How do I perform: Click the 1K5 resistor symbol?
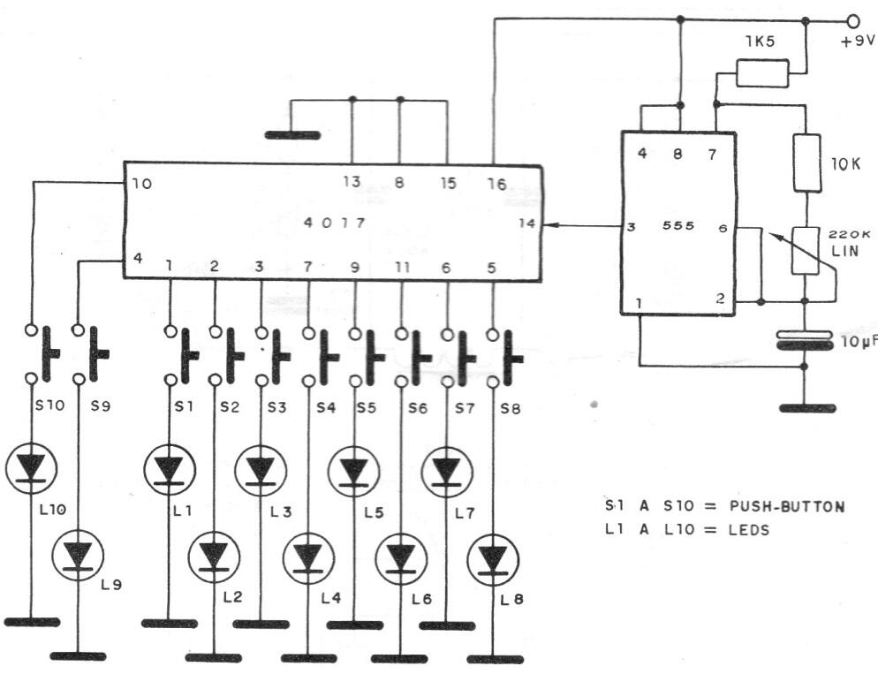pos(762,72)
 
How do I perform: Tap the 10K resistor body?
pos(806,163)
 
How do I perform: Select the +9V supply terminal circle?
pos(853,21)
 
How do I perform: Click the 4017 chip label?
pos(334,223)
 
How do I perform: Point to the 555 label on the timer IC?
pos(678,225)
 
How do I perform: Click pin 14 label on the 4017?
pos(527,223)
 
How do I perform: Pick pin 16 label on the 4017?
pos(496,184)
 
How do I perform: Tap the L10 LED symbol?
pos(32,468)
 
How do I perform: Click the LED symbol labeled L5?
pos(353,472)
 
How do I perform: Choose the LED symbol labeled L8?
pos(493,559)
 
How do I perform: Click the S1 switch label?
pos(184,406)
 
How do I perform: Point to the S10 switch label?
pos(50,405)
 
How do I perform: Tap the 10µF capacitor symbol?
pos(805,340)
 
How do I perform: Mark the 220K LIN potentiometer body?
pos(806,251)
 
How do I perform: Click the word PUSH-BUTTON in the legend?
pos(787,507)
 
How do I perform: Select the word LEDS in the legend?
pos(749,530)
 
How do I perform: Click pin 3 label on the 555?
pos(631,227)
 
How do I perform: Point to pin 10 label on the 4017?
pos(142,184)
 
